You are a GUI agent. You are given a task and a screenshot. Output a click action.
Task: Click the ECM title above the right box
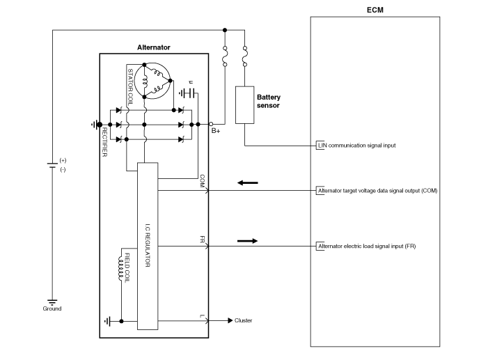[x=375, y=10]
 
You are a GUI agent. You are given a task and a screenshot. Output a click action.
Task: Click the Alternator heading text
[x=154, y=47]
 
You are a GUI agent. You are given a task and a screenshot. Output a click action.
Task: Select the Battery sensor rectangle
[x=245, y=105]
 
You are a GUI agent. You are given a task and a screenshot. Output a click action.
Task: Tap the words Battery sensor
[x=268, y=101]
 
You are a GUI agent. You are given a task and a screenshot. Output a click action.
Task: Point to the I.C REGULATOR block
[x=148, y=246]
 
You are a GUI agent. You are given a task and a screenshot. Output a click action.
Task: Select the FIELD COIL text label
[x=128, y=267]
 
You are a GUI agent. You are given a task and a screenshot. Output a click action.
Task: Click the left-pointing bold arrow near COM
[x=247, y=183]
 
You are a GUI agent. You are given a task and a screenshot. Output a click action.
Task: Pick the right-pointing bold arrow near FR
[x=247, y=241]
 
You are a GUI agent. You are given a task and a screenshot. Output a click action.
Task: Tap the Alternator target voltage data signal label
[x=377, y=190]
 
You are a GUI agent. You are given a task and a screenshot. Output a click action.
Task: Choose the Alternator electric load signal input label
[x=367, y=246]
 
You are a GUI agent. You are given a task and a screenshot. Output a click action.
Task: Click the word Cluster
[x=244, y=321]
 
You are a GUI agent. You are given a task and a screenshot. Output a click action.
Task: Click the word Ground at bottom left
[x=52, y=308]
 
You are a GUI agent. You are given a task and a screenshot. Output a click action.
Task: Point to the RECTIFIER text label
[x=105, y=142]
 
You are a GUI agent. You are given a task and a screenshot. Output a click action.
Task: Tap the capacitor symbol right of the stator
[x=189, y=93]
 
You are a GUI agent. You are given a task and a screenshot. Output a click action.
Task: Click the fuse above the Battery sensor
[x=245, y=56]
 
